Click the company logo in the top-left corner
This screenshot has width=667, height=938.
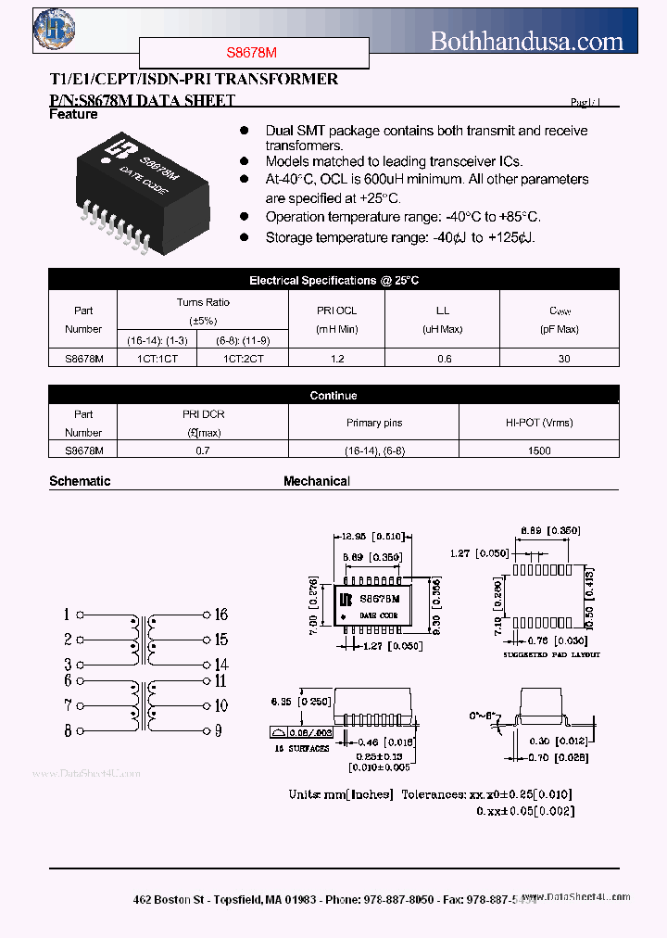(54, 31)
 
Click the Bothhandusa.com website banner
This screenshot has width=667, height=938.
(527, 40)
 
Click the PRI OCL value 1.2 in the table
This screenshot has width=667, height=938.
(336, 359)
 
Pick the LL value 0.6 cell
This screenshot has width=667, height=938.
(443, 359)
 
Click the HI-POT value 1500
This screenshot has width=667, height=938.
(538, 450)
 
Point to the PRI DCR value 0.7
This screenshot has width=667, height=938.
(203, 450)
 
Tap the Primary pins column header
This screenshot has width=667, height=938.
(374, 423)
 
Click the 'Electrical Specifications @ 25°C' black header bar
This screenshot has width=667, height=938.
(333, 280)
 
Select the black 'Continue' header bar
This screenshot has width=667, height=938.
(333, 396)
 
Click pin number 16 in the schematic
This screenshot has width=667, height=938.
(220, 615)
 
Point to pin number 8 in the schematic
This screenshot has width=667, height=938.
(69, 730)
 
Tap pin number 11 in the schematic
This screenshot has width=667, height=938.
(220, 681)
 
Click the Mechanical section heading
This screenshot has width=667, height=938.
(317, 481)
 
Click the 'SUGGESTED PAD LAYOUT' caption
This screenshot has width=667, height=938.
(551, 654)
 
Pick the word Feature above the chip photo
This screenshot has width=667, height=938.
(73, 114)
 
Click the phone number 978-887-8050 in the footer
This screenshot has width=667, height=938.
(398, 899)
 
